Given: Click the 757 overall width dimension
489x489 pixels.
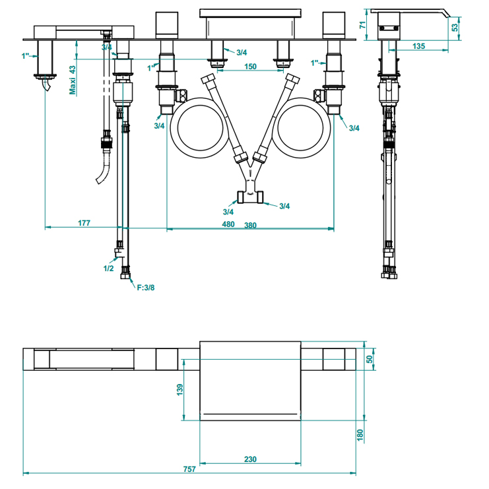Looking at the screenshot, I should (x=189, y=469).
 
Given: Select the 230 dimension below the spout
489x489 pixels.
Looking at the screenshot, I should (x=250, y=459).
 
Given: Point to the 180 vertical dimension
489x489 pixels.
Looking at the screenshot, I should (x=360, y=436).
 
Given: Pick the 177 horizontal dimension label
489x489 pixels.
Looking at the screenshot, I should (x=84, y=223).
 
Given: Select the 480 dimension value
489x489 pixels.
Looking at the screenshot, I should (x=228, y=224).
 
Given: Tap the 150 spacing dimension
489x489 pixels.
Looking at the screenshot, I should (x=250, y=67).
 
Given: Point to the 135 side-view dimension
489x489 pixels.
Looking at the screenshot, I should (x=418, y=46).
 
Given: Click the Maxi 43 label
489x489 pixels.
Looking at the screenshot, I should (x=73, y=80).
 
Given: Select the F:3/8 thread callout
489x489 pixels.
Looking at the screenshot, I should (x=146, y=286).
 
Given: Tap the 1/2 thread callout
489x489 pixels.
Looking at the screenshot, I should (x=109, y=269).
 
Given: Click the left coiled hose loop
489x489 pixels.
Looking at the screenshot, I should (x=199, y=126).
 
